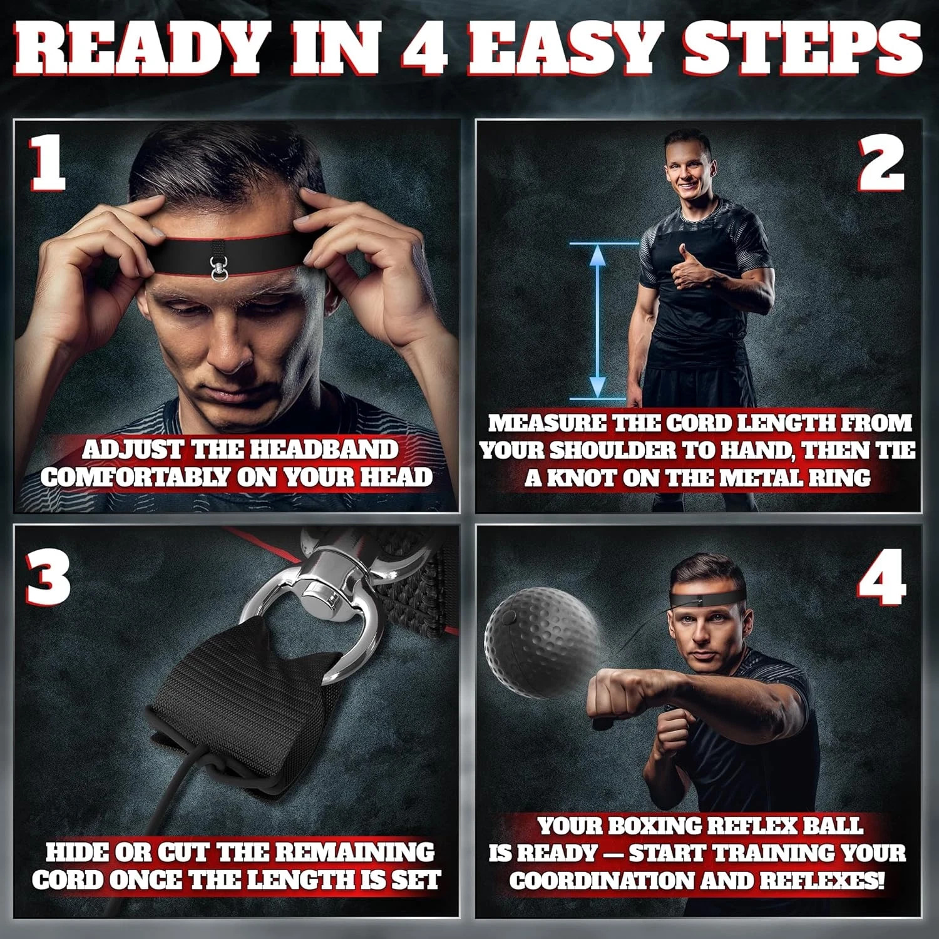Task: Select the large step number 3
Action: coord(48,576)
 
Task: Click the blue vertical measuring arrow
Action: coord(598,321)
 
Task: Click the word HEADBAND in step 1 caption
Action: coord(322,449)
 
